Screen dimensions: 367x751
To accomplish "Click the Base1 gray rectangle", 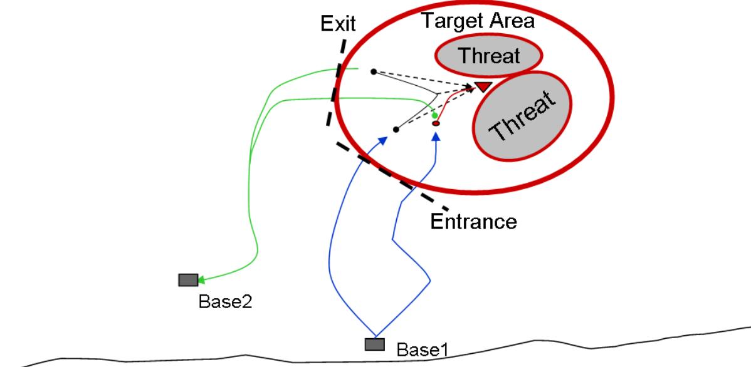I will point(375,344).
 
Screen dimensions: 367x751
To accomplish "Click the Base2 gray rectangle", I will point(188,280).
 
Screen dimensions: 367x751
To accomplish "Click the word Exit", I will point(337,24).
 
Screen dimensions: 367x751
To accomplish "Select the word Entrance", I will point(474,221).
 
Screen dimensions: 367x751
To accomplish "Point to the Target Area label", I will point(478,21).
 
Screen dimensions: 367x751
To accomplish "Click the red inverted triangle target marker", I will point(483,86).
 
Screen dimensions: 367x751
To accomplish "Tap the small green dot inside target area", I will point(434,116).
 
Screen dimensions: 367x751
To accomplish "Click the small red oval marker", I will point(436,124).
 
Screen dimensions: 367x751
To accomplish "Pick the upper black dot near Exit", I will point(373,71).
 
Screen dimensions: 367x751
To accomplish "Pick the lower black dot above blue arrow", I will point(396,130).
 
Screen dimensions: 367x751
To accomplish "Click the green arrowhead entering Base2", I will point(204,280).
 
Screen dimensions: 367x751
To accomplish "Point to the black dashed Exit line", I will point(335,81).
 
